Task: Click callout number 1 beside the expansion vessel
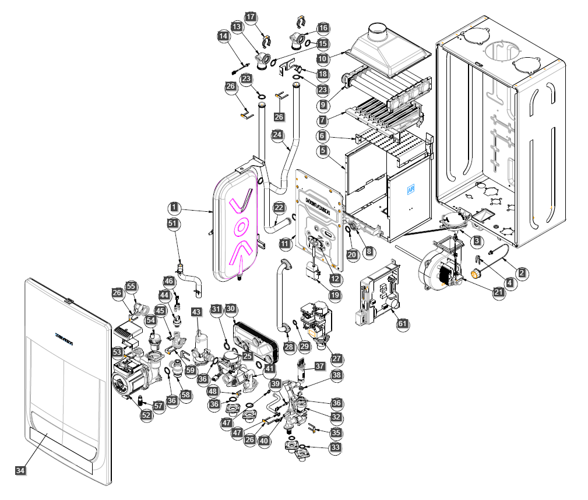173,207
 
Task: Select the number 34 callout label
20,470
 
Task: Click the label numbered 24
278,135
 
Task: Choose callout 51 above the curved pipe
172,223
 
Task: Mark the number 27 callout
337,359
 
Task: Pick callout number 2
523,272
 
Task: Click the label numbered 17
251,17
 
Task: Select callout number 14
223,36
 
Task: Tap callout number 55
131,286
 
